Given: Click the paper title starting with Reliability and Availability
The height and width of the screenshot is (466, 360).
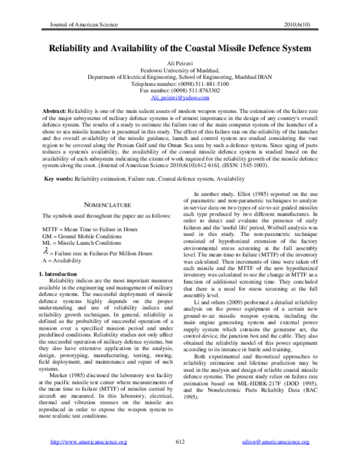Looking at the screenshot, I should pyautogui.click(x=179, y=47).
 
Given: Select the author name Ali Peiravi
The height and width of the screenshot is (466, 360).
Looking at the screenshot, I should pyautogui.click(x=179, y=63).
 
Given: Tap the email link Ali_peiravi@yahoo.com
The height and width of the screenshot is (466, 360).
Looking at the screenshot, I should pyautogui.click(x=179, y=97).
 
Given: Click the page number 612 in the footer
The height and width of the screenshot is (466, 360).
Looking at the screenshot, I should pyautogui.click(x=179, y=459).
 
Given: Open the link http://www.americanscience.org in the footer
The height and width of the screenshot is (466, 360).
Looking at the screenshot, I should pyautogui.click(x=89, y=459).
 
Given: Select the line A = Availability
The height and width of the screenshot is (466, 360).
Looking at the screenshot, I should pyautogui.click(x=63, y=261).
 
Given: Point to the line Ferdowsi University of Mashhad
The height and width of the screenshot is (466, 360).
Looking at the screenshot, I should pyautogui.click(x=179, y=70).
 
